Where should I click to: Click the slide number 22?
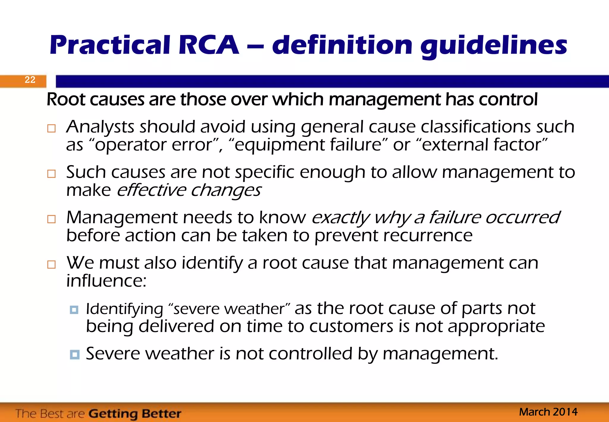coord(30,80)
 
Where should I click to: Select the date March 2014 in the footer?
coord(548,412)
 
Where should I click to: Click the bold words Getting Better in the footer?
coord(135,414)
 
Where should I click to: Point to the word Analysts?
coord(100,127)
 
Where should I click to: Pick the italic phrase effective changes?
coord(189,190)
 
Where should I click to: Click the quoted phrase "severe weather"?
coord(229,309)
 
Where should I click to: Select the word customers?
coord(351,326)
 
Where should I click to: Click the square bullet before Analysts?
coord(51,129)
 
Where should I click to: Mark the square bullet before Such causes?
coord(51,174)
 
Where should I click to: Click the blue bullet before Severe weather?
coord(74,354)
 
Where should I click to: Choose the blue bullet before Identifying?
coord(74,310)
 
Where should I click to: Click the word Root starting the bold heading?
coord(66,99)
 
